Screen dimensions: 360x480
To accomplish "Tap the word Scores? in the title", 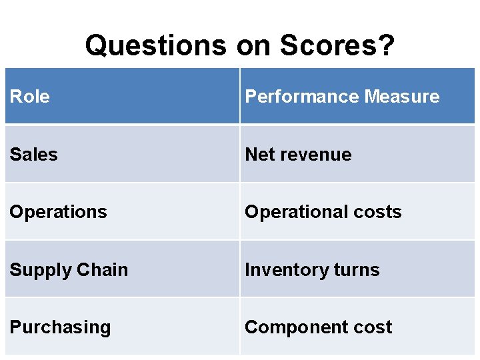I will [337, 45].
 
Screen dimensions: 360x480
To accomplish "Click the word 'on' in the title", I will [253, 45].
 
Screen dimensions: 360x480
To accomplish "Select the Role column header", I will [30, 97].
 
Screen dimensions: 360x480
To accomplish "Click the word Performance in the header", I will [293, 97].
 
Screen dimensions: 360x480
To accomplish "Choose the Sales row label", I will [33, 155].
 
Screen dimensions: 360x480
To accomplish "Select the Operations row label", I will [58, 212].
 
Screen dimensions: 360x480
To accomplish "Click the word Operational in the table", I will [293, 212].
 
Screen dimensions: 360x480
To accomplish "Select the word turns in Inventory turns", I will [357, 270].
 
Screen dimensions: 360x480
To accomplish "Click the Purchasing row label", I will [60, 327].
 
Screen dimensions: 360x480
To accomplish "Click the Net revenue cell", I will [357, 155].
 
